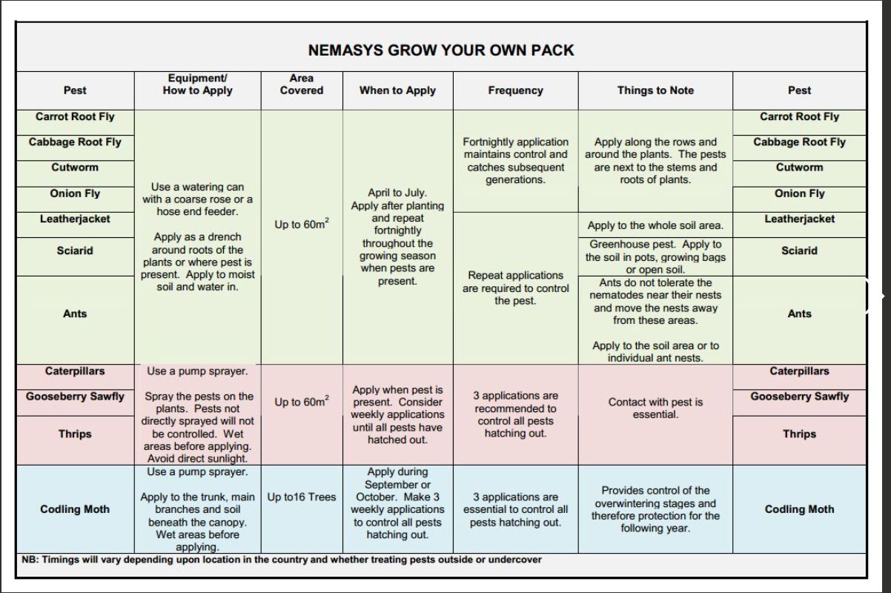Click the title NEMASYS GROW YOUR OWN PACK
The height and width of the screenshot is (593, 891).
[x=441, y=50]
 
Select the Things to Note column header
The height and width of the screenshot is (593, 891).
[x=655, y=90]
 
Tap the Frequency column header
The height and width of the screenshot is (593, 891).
[x=515, y=90]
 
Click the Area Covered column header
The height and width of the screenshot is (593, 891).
[x=302, y=85]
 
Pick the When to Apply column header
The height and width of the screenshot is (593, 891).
[x=397, y=90]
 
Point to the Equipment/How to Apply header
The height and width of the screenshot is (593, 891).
[x=197, y=85]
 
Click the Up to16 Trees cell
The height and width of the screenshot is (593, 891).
[x=302, y=497]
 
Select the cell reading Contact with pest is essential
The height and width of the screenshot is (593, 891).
[x=655, y=408]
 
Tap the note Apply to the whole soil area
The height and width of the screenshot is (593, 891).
[x=655, y=225]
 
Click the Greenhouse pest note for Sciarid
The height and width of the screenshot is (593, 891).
[x=655, y=256]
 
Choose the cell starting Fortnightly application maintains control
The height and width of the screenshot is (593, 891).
[x=515, y=160]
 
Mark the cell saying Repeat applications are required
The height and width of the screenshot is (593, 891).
[x=515, y=288]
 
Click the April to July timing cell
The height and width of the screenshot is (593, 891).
[x=397, y=237]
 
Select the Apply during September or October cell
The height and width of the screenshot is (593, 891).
[x=397, y=503]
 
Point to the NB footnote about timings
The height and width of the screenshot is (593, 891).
[x=282, y=560]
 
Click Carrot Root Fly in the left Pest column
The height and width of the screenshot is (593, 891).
[x=75, y=116]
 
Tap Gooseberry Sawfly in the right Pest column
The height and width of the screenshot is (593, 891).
[x=799, y=397]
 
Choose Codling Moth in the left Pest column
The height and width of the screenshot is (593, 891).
[x=75, y=509]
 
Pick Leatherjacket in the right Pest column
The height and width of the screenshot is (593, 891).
[x=799, y=219]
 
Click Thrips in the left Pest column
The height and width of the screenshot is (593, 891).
[x=75, y=434]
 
